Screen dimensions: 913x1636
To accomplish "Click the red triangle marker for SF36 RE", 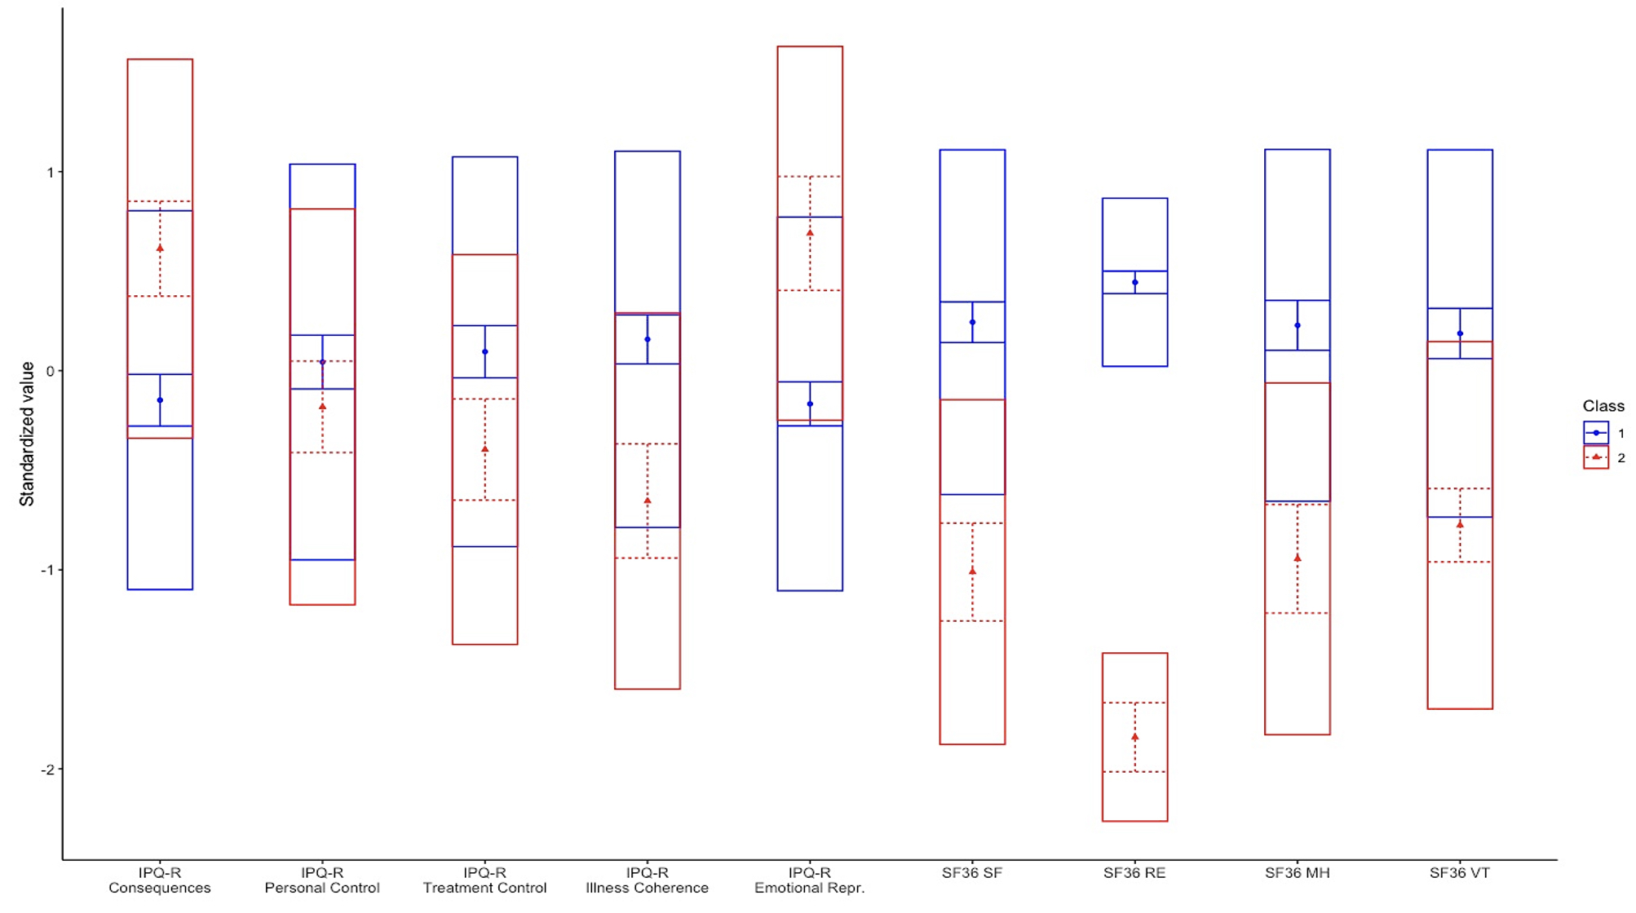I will [x=1134, y=737].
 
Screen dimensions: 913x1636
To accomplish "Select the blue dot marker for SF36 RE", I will [x=1134, y=282].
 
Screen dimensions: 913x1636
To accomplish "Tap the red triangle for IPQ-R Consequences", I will [x=160, y=248].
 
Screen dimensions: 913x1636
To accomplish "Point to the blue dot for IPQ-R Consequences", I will [x=160, y=400].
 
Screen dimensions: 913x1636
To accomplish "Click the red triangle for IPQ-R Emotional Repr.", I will [x=810, y=233].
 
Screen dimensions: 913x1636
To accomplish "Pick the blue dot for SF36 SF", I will [x=972, y=323].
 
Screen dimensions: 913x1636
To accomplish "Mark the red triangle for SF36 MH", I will [x=1298, y=558].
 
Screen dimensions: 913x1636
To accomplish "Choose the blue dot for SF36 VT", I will [x=1460, y=333].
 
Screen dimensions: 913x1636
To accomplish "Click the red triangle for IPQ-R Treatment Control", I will [x=485, y=449].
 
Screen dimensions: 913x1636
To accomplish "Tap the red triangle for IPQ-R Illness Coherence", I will [x=648, y=501].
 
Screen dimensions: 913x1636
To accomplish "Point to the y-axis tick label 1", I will [x=50, y=173].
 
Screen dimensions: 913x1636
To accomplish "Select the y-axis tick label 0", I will [x=50, y=372].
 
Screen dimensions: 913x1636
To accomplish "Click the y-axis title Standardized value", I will [x=27, y=434].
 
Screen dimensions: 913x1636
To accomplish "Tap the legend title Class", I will [x=1603, y=406].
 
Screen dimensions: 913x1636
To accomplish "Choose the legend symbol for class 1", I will [x=1596, y=433].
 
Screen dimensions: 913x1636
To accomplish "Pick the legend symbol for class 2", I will [x=1596, y=457].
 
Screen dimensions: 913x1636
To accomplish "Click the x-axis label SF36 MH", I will [x=1297, y=873].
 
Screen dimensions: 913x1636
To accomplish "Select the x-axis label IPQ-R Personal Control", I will [x=322, y=880].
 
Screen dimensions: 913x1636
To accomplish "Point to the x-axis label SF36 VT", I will [x=1459, y=873].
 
